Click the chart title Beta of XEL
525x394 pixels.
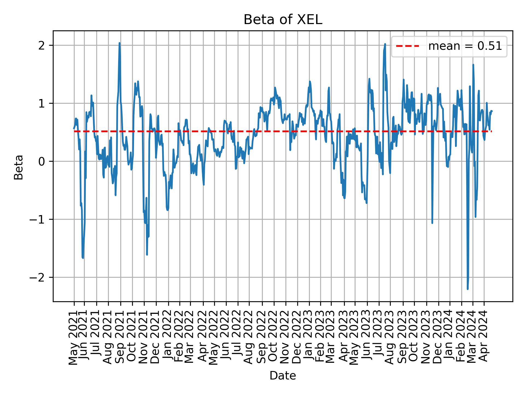pyautogui.click(x=283, y=20)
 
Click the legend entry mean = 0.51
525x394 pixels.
pyautogui.click(x=465, y=47)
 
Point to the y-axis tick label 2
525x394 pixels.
pyautogui.click(x=42, y=45)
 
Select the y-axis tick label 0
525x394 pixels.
pyautogui.click(x=42, y=161)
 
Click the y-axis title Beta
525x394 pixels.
pyautogui.click(x=19, y=167)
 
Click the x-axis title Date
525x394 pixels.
pyautogui.click(x=283, y=376)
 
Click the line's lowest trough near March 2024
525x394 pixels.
pyautogui.click(x=468, y=289)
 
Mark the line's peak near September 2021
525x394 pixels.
pyautogui.click(x=119, y=43)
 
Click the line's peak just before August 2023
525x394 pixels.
pyautogui.click(x=385, y=44)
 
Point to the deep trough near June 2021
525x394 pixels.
pyautogui.click(x=83, y=258)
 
